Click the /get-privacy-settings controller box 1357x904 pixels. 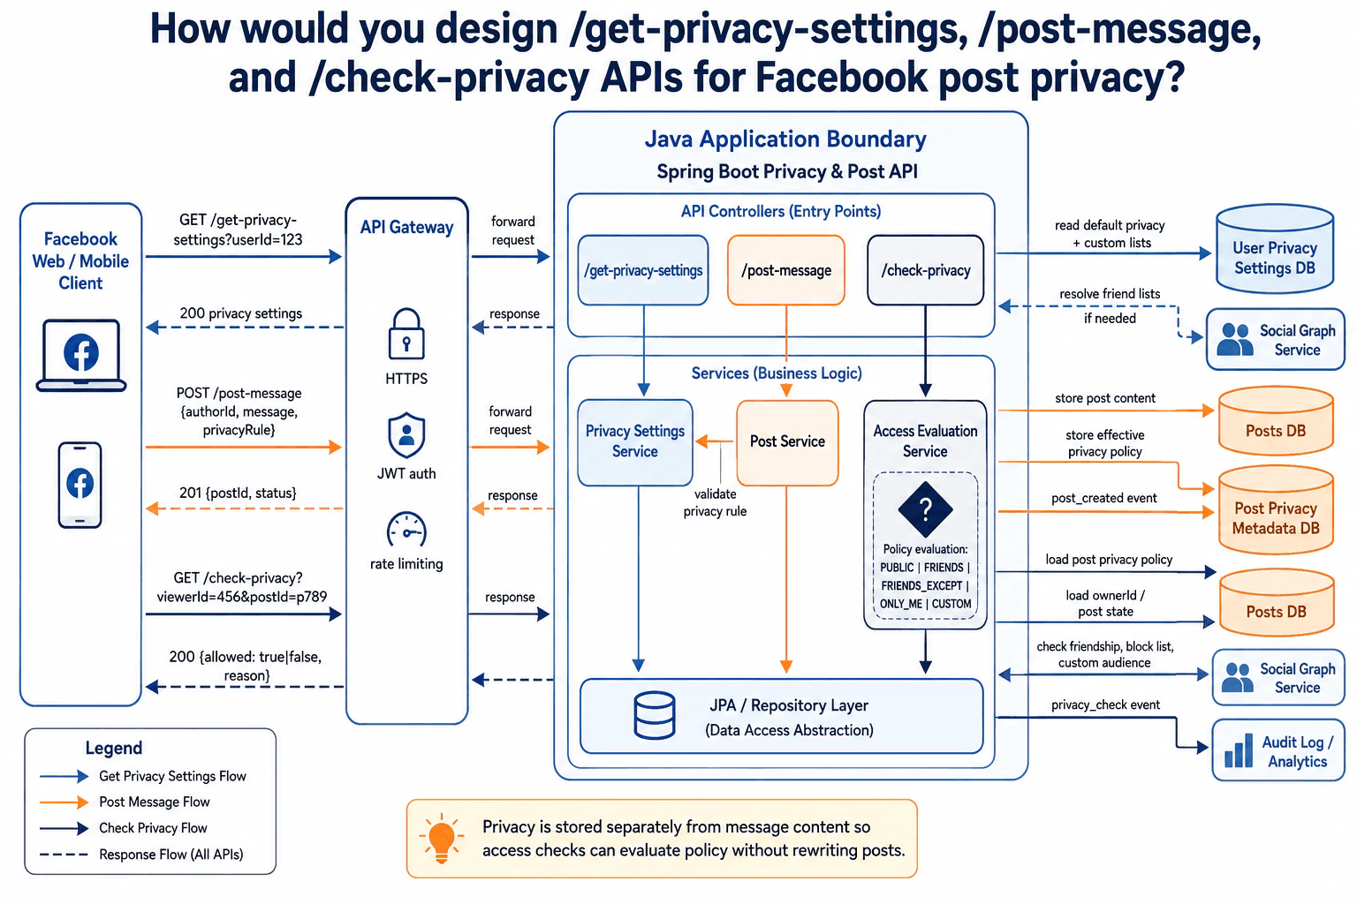pos(643,270)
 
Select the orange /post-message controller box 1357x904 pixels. pos(785,270)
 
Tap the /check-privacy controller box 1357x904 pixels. pos(926,270)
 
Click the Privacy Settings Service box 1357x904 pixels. pos(635,442)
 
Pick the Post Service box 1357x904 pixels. pos(787,442)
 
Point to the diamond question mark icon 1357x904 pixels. pos(925,509)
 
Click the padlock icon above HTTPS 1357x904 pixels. pos(406,334)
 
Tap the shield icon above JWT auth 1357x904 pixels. pos(406,435)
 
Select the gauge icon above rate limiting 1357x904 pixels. pos(406,531)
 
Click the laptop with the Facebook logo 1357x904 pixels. pos(81,356)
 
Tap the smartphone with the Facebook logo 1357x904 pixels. pos(80,485)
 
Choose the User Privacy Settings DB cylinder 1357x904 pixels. pos(1275,249)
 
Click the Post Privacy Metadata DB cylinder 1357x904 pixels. pos(1276,510)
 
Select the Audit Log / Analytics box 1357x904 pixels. pos(1278,750)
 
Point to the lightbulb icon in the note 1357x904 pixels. pos(441,838)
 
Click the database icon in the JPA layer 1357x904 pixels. pos(655,715)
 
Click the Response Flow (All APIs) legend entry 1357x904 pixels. pos(141,855)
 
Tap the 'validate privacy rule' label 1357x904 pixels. pos(715,502)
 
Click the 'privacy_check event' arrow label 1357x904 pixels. pos(1105,704)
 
